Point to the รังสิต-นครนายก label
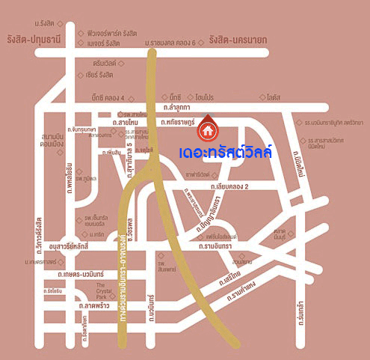pyautogui.click(x=238, y=39)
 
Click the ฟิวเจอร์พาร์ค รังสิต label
pyautogui.click(x=113, y=33)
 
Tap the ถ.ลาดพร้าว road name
pyautogui.click(x=95, y=306)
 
